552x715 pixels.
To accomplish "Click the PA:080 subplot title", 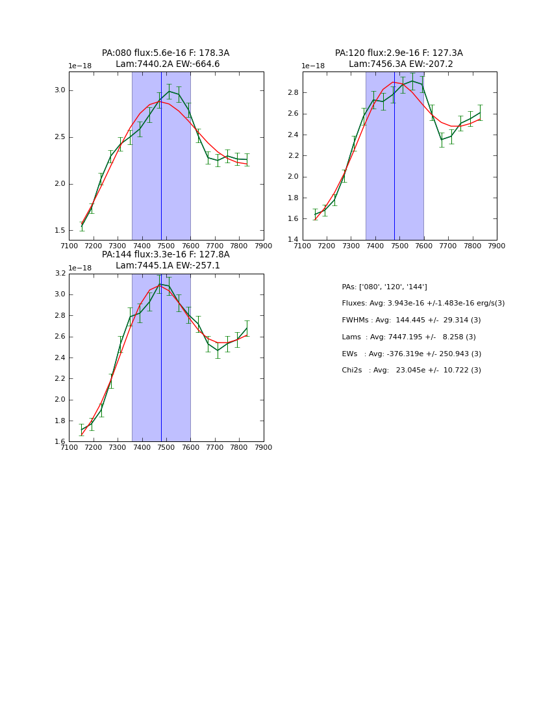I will [x=166, y=58].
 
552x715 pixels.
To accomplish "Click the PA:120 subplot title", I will [x=399, y=58].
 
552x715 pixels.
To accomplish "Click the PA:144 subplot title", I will [x=166, y=260].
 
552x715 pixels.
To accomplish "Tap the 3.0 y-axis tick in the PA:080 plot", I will [x=60, y=90].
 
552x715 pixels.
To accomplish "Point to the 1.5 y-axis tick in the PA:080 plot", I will [x=60, y=231].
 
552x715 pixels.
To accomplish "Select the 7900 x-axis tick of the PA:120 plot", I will [x=497, y=246].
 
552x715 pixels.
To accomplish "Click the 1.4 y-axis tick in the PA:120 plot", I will [x=294, y=240].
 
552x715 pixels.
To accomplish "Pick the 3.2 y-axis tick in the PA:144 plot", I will [x=60, y=274].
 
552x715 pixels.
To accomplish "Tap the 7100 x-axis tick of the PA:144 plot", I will [x=69, y=447].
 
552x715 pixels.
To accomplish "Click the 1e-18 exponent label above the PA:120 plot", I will [x=313, y=66].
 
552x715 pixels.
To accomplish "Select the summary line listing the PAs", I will [x=384, y=287].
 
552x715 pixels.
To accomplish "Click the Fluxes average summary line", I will [x=423, y=304].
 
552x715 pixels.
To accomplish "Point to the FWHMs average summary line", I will [x=411, y=320].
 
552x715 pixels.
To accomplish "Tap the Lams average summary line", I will [x=408, y=337].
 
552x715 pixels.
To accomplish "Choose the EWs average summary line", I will [x=411, y=354].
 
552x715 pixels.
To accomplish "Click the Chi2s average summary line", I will [x=411, y=370].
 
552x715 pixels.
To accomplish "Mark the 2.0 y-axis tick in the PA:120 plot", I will [x=294, y=177].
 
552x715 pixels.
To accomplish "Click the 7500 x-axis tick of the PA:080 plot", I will [x=166, y=246].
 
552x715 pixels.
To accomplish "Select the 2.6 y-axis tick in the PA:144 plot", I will [x=60, y=337].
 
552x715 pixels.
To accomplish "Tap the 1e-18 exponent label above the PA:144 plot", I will [x=79, y=268].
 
